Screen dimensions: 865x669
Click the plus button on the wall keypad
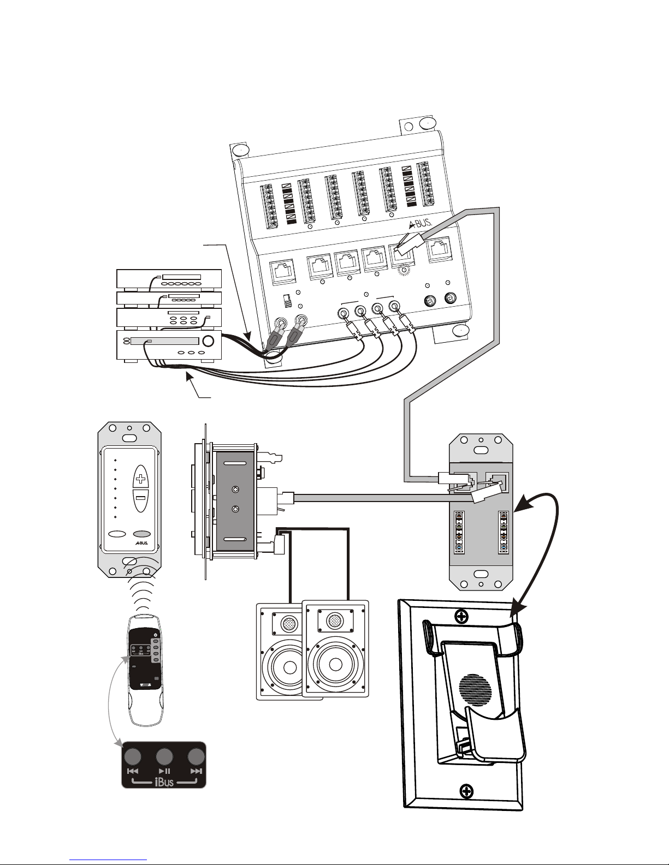141,479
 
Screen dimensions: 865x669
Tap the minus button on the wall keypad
141,498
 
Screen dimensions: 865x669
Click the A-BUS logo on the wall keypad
141,544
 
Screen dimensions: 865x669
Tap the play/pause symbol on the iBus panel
164,771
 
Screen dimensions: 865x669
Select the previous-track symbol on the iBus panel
133,771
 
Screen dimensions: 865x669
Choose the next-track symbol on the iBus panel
196,771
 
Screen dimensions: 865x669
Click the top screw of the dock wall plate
462,617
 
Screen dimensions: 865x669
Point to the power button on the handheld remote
156,635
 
